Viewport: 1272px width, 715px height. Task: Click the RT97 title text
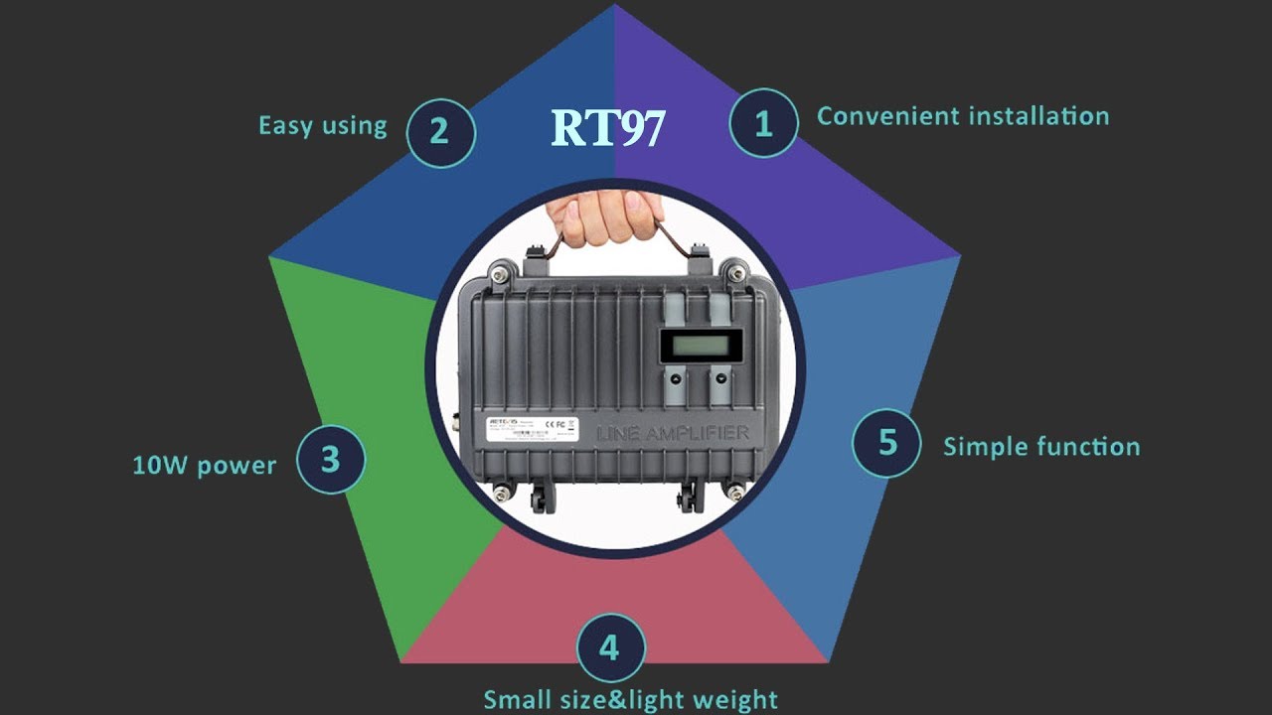607,128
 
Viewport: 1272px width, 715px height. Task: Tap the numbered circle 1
763,123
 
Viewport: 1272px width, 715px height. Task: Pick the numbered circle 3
331,459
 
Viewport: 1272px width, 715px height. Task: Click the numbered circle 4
610,648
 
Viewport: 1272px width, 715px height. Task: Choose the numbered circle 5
887,443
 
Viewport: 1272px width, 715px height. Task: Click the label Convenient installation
962,116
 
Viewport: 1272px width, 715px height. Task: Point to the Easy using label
322,126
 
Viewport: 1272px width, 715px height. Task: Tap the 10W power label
204,465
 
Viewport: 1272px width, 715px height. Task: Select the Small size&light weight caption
630,699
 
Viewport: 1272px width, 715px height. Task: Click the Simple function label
1040,447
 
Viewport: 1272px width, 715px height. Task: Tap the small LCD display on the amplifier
702,347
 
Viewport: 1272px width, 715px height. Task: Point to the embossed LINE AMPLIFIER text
672,433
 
